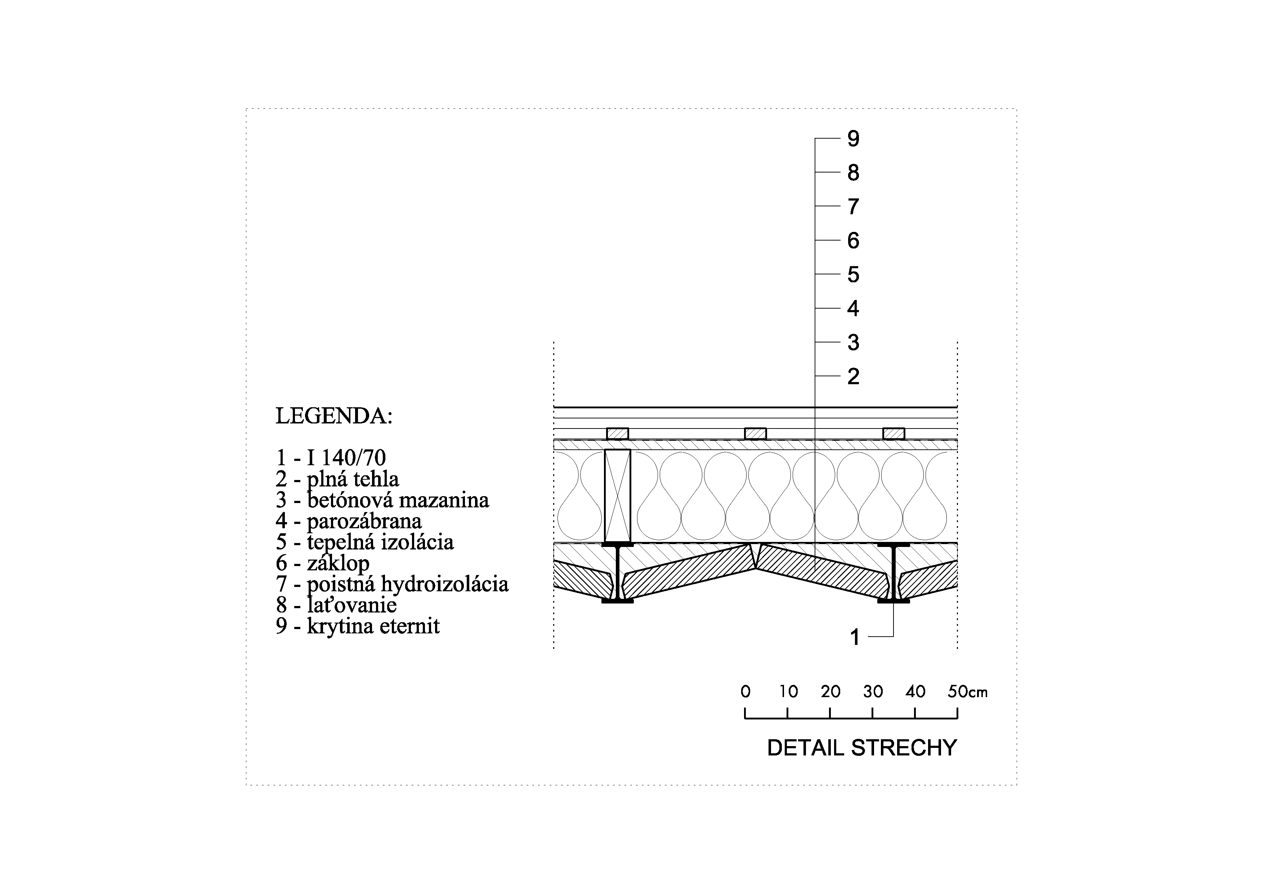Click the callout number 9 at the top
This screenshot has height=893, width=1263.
click(853, 139)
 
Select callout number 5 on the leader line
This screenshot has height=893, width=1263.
click(853, 274)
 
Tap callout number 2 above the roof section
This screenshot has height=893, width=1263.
click(853, 377)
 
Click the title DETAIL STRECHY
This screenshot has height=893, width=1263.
click(861, 748)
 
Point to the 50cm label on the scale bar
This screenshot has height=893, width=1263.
click(967, 692)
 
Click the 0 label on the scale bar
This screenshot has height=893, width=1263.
click(745, 692)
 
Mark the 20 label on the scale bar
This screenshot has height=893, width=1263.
click(830, 692)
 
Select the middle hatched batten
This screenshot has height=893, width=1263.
click(755, 434)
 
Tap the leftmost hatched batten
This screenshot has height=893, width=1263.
click(617, 434)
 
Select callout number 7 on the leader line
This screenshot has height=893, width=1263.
click(853, 207)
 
